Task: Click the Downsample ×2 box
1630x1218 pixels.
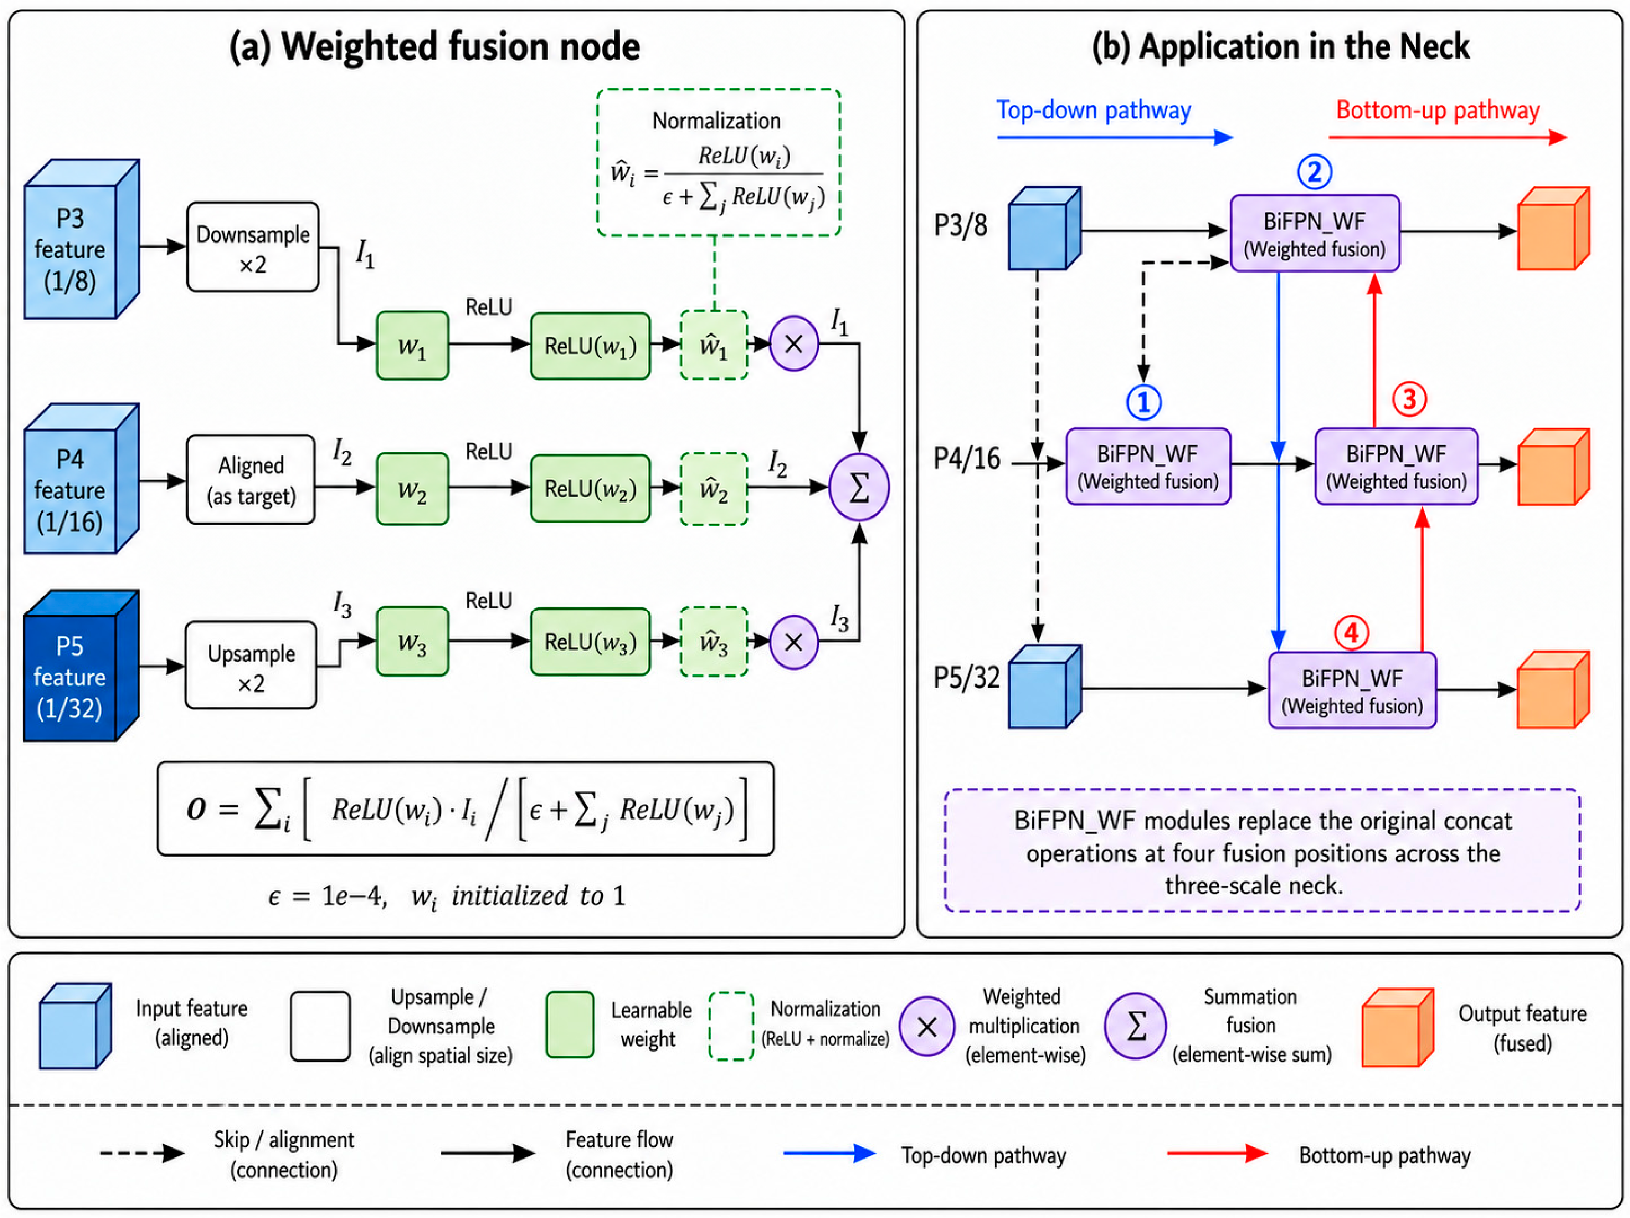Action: pos(253,247)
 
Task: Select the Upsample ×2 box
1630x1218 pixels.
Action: pos(251,666)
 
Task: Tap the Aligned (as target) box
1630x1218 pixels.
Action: pos(251,480)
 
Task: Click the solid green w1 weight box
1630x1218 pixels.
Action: pos(412,345)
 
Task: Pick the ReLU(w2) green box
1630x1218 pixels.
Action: pos(590,489)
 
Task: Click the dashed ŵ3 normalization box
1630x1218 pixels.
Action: pos(714,642)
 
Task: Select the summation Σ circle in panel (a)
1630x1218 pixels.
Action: pos(859,487)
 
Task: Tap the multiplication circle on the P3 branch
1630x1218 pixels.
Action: pos(794,343)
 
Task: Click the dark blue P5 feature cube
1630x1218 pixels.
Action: pos(81,666)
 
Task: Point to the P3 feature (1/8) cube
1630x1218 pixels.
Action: pos(81,239)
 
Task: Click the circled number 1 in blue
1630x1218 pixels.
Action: pos(1144,402)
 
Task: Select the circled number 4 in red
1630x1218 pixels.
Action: pos(1351,632)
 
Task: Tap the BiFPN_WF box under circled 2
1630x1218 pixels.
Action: pos(1315,233)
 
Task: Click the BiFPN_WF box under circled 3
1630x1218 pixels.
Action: pos(1397,466)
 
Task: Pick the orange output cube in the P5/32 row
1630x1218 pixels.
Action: pos(1553,690)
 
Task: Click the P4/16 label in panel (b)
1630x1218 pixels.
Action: pos(967,458)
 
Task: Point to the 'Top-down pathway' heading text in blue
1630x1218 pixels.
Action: pos(1094,110)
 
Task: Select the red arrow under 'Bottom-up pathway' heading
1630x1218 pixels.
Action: pos(1448,137)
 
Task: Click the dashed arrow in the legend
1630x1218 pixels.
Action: pos(142,1153)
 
